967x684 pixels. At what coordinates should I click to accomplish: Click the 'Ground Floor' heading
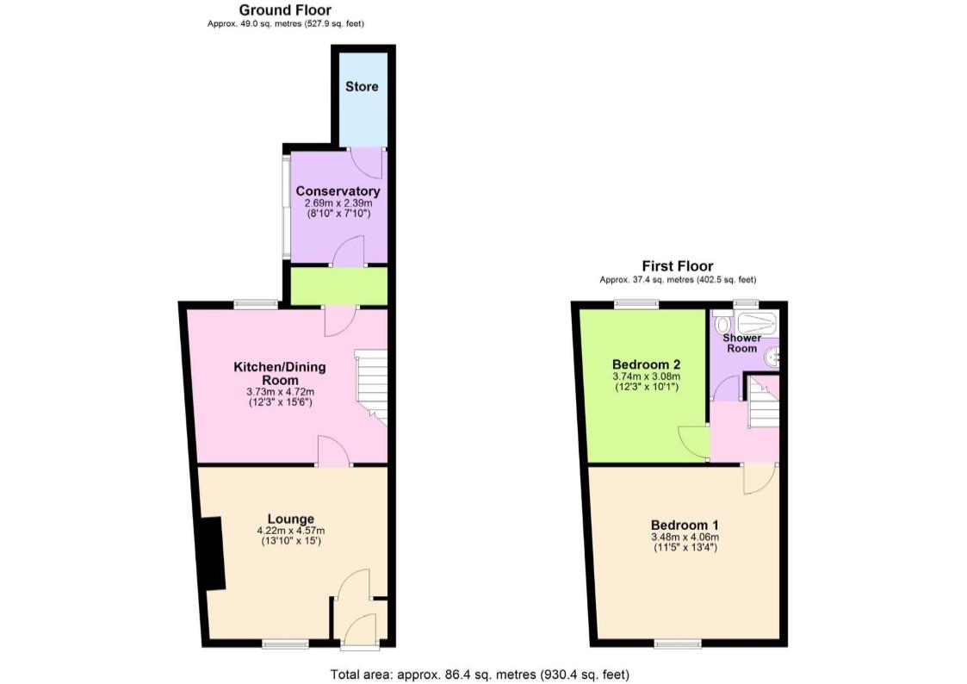pyautogui.click(x=284, y=9)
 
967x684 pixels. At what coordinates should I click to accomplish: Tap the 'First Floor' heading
pyautogui.click(x=677, y=266)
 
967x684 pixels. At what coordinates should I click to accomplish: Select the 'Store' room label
pyautogui.click(x=362, y=86)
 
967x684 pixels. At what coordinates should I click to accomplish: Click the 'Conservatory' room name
pyautogui.click(x=338, y=190)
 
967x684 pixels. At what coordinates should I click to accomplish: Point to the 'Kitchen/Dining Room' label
pyautogui.click(x=280, y=373)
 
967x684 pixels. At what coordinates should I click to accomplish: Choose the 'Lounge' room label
pyautogui.click(x=290, y=519)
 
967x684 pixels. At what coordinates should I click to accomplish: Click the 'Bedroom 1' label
pyautogui.click(x=685, y=525)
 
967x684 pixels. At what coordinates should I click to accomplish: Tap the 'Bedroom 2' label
pyautogui.click(x=646, y=363)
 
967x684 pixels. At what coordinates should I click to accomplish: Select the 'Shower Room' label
pyautogui.click(x=741, y=343)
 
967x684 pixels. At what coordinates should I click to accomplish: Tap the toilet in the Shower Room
pyautogui.click(x=722, y=323)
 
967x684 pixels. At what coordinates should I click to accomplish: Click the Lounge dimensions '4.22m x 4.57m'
pyautogui.click(x=290, y=531)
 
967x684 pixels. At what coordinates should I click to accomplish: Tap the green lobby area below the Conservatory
pyautogui.click(x=338, y=286)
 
